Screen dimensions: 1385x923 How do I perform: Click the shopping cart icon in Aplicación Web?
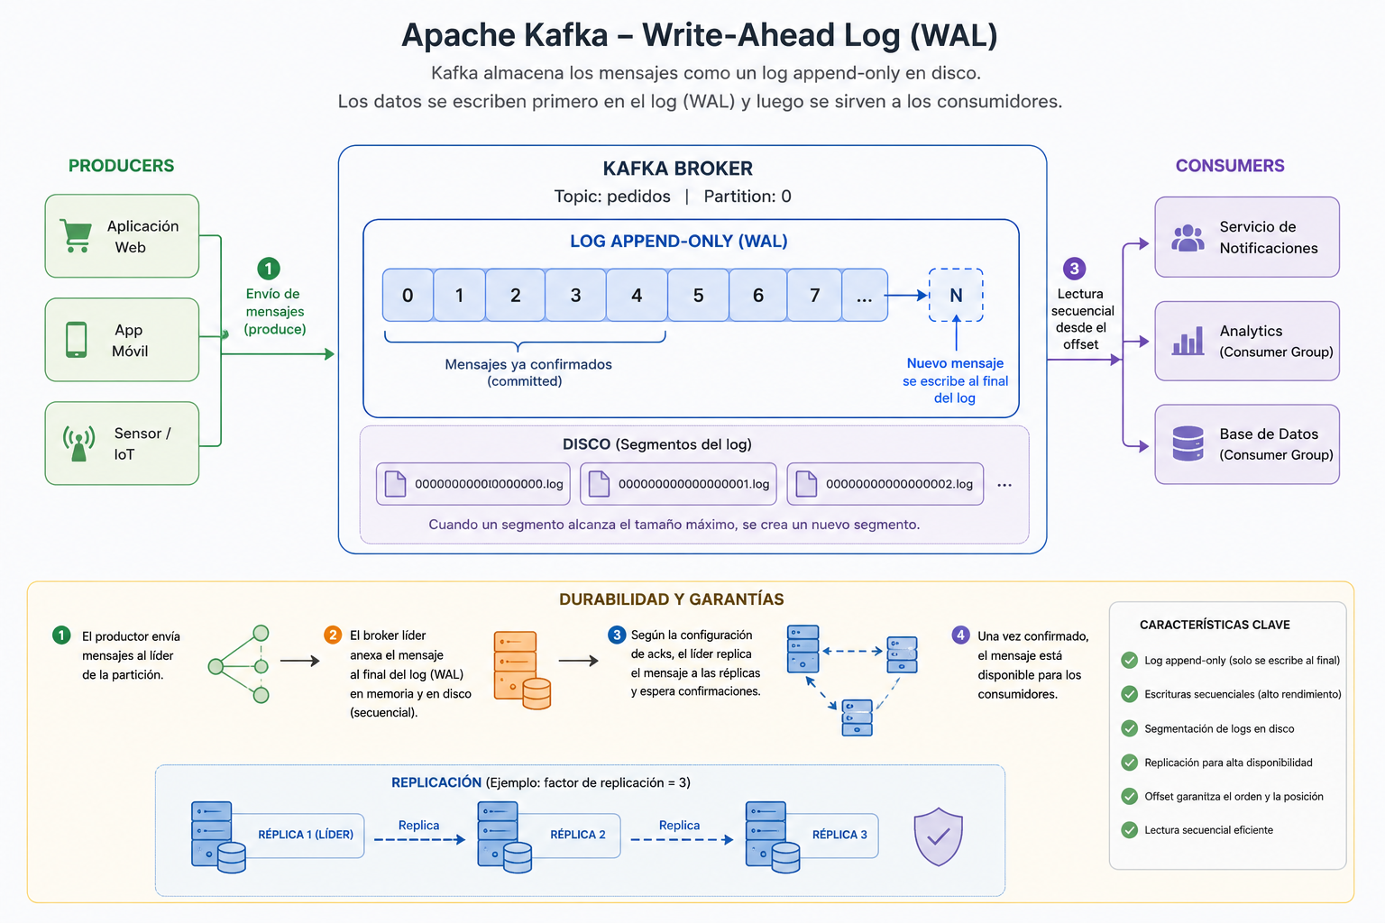tap(76, 235)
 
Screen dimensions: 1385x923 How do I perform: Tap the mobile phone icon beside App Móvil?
tap(76, 340)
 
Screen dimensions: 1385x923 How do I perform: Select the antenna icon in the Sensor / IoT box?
tap(78, 443)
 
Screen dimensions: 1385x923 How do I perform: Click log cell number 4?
tap(637, 295)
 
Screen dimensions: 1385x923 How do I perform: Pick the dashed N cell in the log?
tap(956, 295)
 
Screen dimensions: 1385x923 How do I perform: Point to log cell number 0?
tap(408, 295)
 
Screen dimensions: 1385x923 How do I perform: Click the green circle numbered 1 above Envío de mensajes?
tap(269, 269)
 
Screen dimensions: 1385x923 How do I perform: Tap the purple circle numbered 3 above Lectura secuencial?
tap(1074, 269)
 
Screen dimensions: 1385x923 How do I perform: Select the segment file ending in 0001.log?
tap(678, 484)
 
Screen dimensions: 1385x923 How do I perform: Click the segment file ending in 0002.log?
tap(885, 484)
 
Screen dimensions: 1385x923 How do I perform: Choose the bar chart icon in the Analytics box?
tap(1188, 341)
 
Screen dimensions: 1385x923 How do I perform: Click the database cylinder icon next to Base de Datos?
tap(1188, 443)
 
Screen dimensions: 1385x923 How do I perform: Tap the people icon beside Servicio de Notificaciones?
tap(1188, 238)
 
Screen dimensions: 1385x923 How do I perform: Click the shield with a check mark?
tap(938, 836)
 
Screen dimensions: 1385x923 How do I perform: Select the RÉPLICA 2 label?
tap(577, 835)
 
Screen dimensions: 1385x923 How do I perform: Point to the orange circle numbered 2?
tap(333, 635)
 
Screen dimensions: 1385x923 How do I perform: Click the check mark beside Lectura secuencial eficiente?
tap(1129, 829)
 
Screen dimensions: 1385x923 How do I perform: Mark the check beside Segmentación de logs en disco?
tap(1129, 728)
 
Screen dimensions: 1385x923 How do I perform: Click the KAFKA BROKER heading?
tap(678, 169)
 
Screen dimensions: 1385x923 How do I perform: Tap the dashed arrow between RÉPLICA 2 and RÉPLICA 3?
tap(682, 839)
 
